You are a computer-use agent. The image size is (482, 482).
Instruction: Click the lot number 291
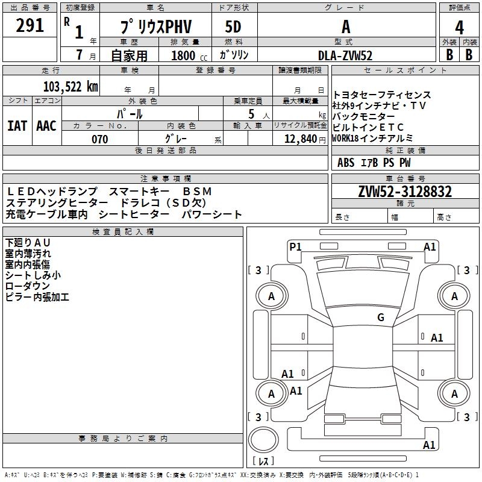(x=30, y=26)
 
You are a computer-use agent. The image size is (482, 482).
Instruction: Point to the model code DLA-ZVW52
(x=345, y=55)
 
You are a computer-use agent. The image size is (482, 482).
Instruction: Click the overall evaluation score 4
(x=459, y=27)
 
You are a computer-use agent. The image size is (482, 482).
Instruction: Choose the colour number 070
(x=100, y=139)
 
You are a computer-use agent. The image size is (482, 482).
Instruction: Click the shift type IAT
(x=17, y=125)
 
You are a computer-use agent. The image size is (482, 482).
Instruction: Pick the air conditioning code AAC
(x=46, y=125)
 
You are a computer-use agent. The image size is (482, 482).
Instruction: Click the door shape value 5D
(x=233, y=28)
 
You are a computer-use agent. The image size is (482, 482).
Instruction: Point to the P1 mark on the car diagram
(x=295, y=246)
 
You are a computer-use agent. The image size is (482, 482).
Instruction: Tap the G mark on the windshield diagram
(x=381, y=318)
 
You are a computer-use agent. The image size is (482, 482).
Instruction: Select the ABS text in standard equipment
(x=346, y=163)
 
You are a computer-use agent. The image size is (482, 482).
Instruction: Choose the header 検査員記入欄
(x=123, y=232)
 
